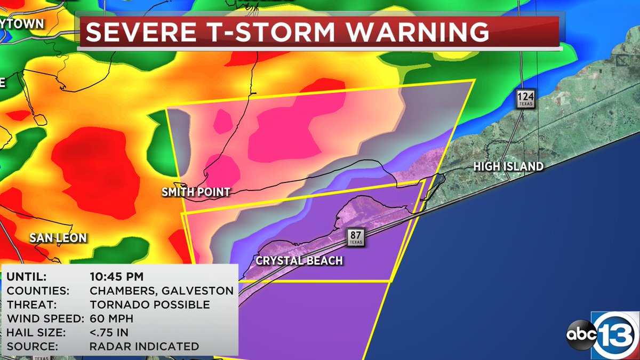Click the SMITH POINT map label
196,192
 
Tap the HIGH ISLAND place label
508,167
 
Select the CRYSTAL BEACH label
299,261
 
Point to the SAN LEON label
58,238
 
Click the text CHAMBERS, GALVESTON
161,291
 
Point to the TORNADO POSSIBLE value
149,305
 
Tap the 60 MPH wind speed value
112,318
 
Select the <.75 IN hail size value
109,332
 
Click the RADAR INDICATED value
144,346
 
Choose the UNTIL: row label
27,277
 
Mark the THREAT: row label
29,305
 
